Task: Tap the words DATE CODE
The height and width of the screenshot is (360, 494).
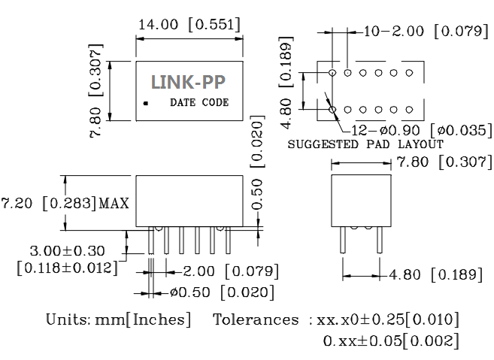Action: pyautogui.click(x=199, y=102)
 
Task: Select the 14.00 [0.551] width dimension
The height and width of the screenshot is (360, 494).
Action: pyautogui.click(x=189, y=25)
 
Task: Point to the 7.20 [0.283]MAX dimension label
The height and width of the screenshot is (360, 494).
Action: pyautogui.click(x=65, y=204)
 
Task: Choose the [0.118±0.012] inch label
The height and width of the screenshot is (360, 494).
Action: pyautogui.click(x=67, y=268)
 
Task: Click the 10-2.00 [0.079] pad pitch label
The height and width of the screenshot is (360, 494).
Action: pyautogui.click(x=426, y=32)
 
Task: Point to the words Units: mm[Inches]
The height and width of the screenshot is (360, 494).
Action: pyautogui.click(x=116, y=319)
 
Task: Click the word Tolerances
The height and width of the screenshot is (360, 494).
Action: pyautogui.click(x=256, y=319)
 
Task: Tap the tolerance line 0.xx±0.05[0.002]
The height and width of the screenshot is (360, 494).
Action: pyautogui.click(x=390, y=340)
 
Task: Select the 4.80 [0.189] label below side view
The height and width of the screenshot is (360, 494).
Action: pyautogui.click(x=432, y=274)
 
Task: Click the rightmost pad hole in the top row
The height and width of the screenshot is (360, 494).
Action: pyautogui.click(x=409, y=73)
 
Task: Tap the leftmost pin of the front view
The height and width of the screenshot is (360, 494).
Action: pyautogui.click(x=152, y=241)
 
